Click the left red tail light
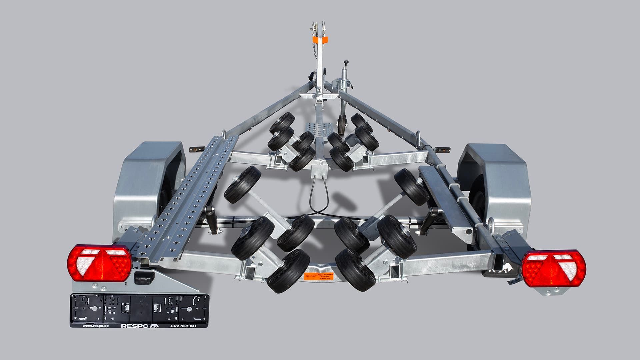click(99, 263)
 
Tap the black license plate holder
click(139, 310)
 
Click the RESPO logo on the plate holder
click(135, 326)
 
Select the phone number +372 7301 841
click(183, 326)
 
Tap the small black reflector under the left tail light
click(144, 276)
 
